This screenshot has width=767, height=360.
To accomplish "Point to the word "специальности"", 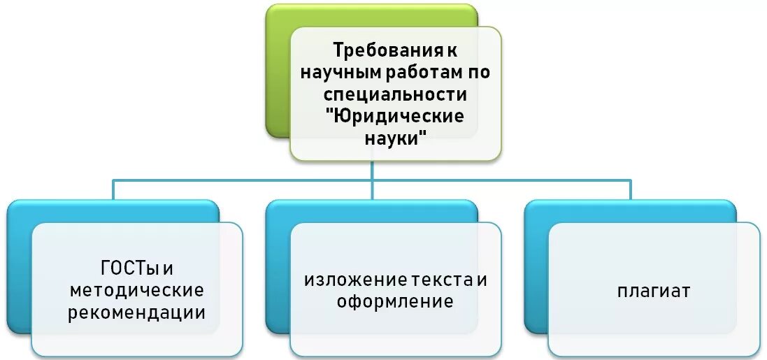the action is click(x=396, y=94).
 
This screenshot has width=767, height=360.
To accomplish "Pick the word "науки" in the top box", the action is click(x=394, y=137).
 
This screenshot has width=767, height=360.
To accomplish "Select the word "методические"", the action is click(x=136, y=289).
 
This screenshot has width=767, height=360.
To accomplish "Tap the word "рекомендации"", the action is click(x=136, y=312).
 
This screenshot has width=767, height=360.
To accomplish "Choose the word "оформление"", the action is click(x=395, y=302).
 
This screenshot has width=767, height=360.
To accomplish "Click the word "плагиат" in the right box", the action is click(x=654, y=290).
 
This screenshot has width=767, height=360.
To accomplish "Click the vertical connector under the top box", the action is click(x=372, y=171).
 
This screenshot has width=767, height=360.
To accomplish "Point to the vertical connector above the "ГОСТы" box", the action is click(x=114, y=190).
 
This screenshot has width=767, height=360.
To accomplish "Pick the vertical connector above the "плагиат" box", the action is click(x=630, y=190).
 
